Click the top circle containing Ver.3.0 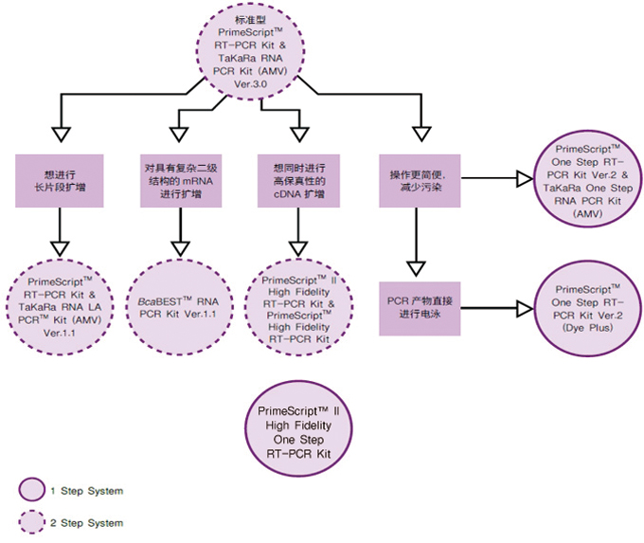[250, 52]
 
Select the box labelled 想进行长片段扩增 [60, 181]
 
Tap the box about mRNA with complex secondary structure [181, 181]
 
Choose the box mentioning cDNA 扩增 [298, 181]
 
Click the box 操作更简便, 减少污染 [420, 181]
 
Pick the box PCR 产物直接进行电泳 [420, 309]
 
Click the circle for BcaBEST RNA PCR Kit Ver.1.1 [179, 307]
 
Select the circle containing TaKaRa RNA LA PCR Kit [60, 307]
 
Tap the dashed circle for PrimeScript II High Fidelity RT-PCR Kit [298, 307]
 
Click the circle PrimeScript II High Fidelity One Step [298, 428]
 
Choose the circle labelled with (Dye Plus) [588, 308]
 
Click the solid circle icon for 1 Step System [31, 490]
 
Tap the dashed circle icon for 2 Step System [31, 522]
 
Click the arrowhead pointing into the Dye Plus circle [525, 308]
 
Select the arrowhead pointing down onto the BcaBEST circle [180, 249]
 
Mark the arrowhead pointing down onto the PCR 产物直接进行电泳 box [416, 268]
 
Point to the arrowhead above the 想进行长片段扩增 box [62, 135]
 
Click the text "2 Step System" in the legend [87, 523]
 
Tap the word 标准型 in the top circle [250, 20]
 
